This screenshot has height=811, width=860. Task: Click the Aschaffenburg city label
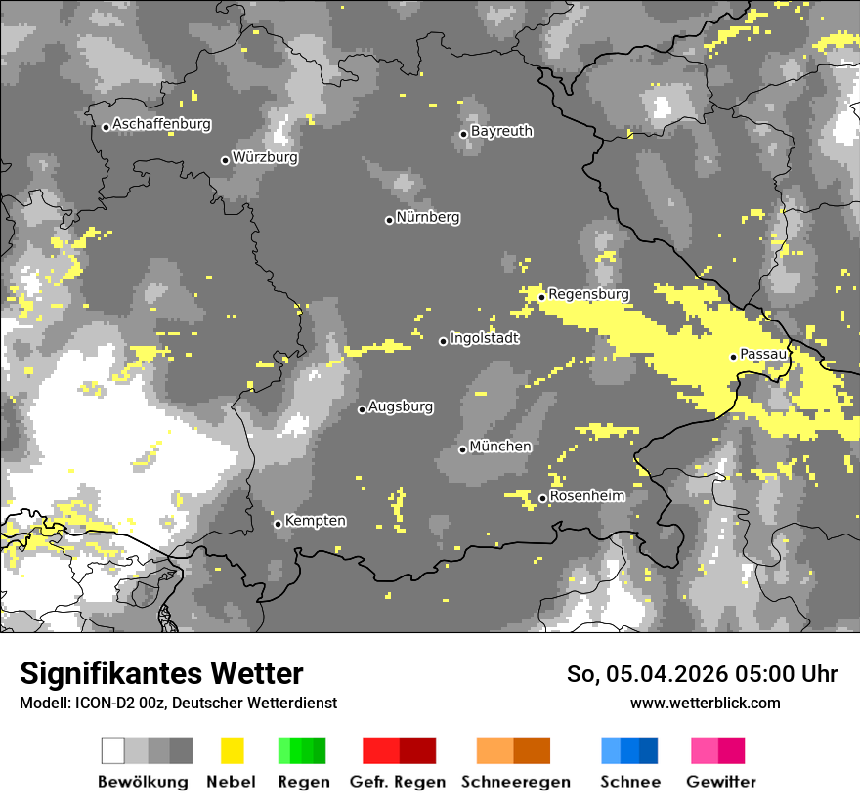(161, 124)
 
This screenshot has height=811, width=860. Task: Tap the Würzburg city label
(265, 157)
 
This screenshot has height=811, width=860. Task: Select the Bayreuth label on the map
(501, 131)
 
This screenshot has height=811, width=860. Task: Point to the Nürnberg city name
(428, 217)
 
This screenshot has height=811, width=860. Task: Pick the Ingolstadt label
(485, 338)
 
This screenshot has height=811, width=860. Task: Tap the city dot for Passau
(733, 357)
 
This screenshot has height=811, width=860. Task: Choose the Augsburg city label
(401, 406)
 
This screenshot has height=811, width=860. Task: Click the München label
(500, 447)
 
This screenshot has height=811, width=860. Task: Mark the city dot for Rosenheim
(542, 499)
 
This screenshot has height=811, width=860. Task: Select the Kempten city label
(315, 521)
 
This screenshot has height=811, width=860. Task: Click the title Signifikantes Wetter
(161, 674)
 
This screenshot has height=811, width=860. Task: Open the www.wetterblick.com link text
(705, 703)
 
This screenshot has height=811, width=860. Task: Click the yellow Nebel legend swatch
(232, 750)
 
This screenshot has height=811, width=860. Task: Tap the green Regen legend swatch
(302, 750)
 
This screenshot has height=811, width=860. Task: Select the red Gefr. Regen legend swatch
(399, 750)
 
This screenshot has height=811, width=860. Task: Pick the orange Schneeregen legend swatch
(513, 750)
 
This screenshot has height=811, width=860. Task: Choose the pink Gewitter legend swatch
(717, 750)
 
